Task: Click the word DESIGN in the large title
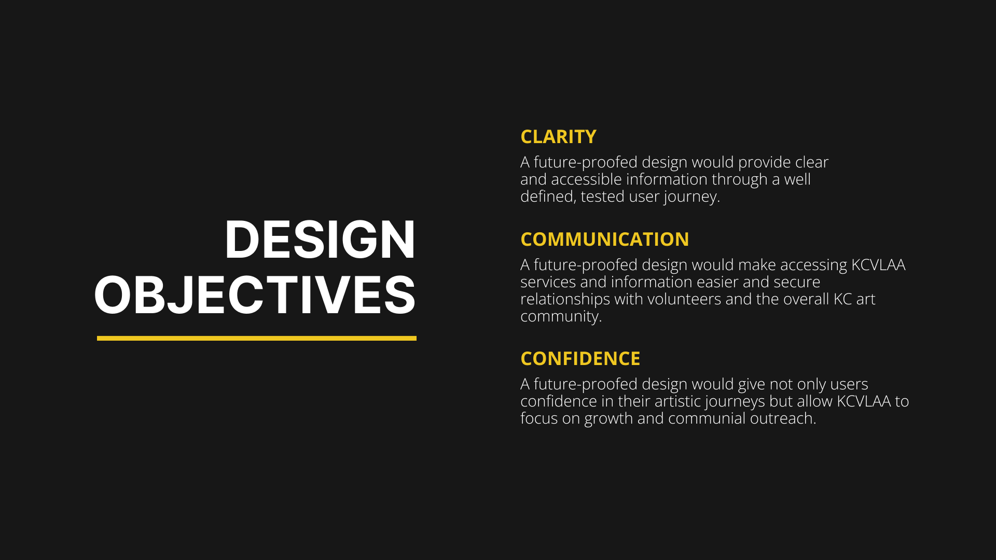[x=320, y=239]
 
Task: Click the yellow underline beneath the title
[x=257, y=338]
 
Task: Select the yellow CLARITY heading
[x=558, y=137]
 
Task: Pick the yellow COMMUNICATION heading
[x=605, y=240]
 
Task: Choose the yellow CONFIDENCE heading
[x=580, y=359]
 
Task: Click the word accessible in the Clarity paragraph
[x=586, y=179]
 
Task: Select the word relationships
[x=565, y=300]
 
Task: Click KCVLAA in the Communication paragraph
[x=878, y=265]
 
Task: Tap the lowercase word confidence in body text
[x=559, y=401]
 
